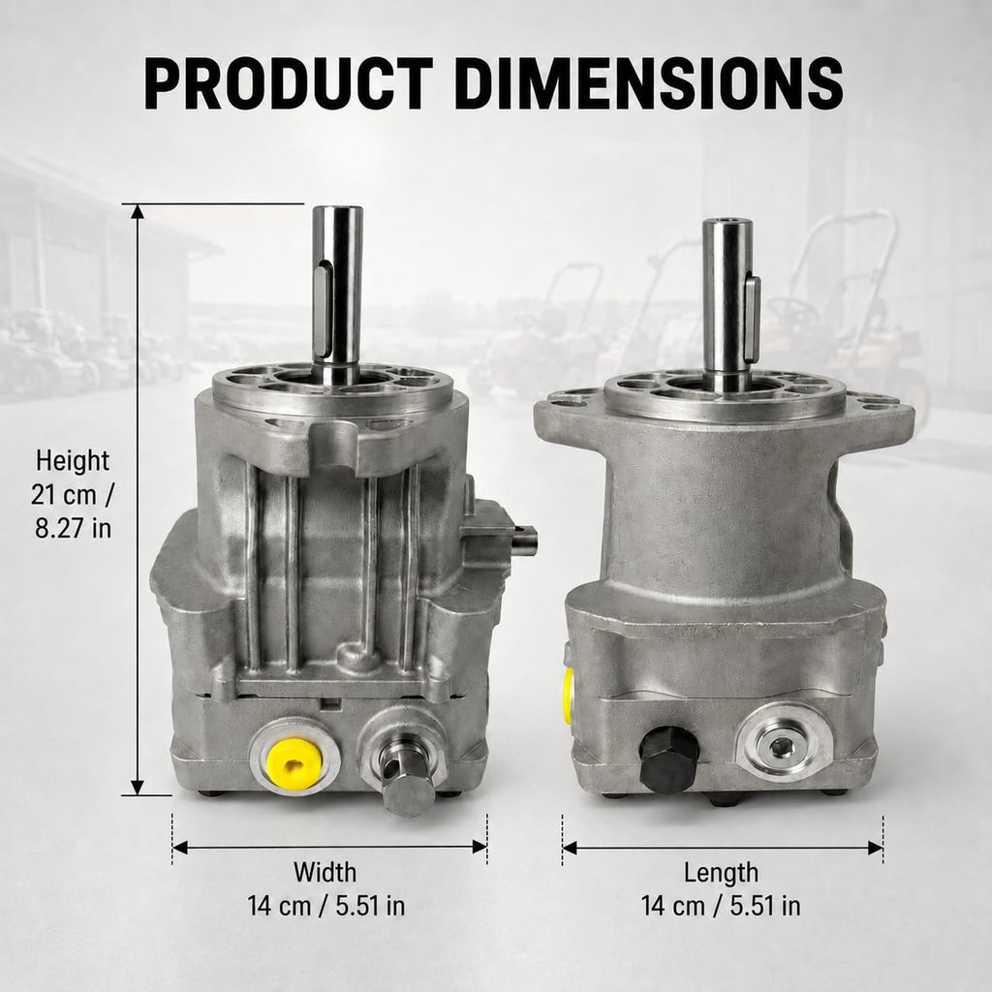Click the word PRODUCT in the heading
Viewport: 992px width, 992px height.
point(289,83)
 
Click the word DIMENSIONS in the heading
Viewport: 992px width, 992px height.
point(648,83)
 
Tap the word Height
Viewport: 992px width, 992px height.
point(73,460)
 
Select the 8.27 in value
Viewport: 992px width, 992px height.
point(73,528)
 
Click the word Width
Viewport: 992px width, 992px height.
point(325,873)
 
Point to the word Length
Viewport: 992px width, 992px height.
point(721,873)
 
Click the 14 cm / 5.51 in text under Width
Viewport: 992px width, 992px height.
point(325,906)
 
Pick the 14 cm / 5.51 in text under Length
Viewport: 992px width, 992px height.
point(721,906)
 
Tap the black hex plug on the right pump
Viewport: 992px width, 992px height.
point(668,759)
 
